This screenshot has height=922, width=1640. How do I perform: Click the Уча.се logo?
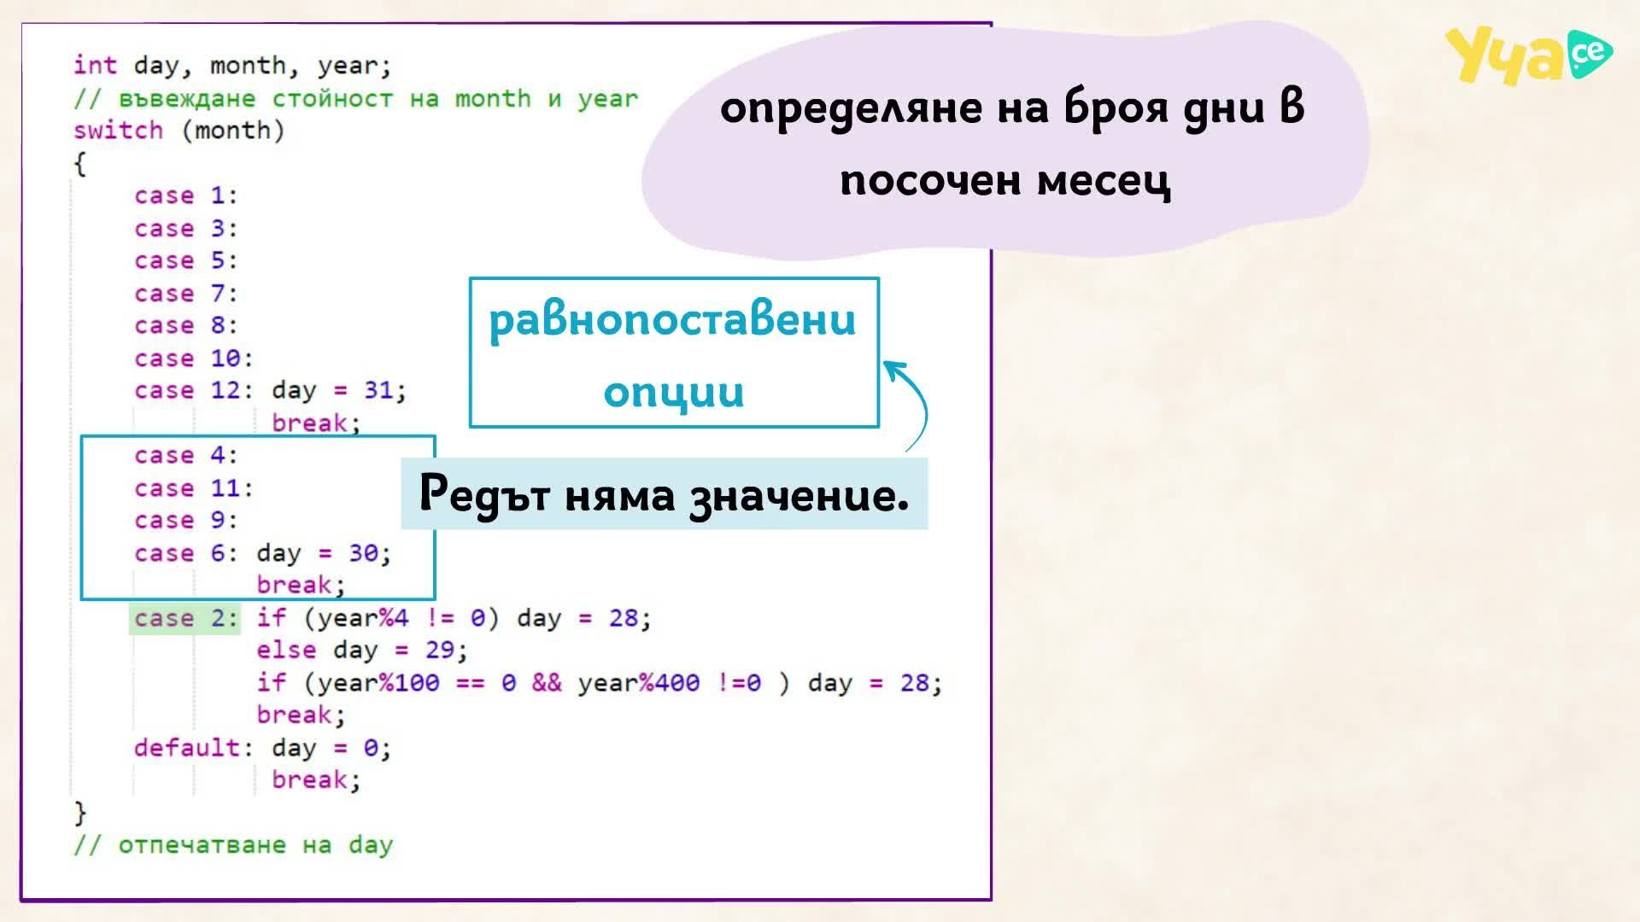(1528, 55)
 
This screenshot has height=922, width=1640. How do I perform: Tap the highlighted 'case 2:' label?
(185, 618)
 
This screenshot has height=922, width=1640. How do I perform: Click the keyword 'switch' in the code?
(118, 131)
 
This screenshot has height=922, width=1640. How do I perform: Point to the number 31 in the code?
(378, 390)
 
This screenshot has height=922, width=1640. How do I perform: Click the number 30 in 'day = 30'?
(363, 553)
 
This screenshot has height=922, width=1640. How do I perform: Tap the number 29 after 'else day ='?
(440, 651)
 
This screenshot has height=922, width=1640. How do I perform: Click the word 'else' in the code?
(286, 651)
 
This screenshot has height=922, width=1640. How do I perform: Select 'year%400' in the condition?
(638, 683)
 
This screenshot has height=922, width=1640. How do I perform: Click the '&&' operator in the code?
(547, 683)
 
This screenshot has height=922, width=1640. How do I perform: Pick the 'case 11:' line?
(194, 488)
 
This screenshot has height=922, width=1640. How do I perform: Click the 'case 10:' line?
(194, 359)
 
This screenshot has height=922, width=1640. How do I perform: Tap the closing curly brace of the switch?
(80, 812)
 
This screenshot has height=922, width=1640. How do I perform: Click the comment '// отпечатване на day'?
(233, 845)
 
